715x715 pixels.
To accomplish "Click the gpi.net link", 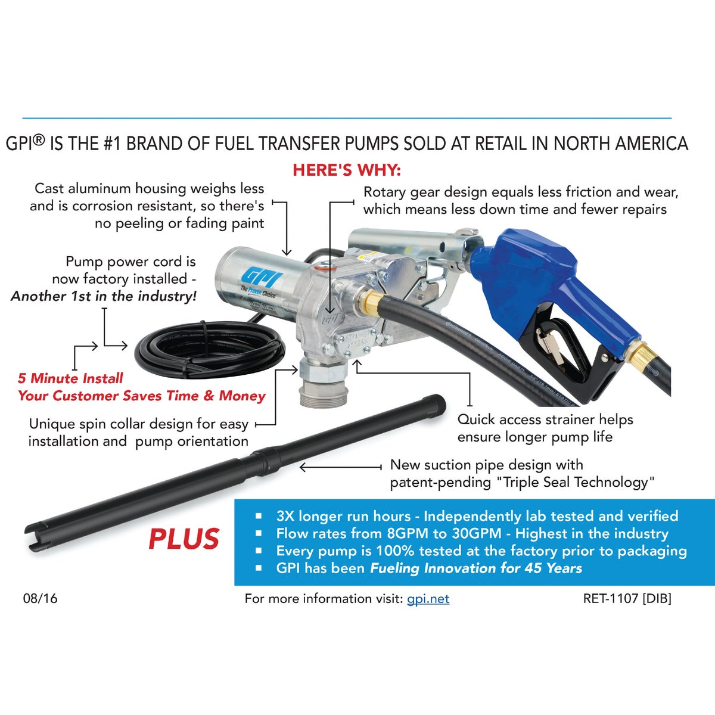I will pos(428,599).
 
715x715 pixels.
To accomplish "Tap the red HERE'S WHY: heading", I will pos(347,170).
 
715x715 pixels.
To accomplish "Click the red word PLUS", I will pos(184,539).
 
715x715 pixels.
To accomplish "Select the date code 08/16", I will pos(41,598).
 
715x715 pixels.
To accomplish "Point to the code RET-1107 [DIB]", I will pos(627,598).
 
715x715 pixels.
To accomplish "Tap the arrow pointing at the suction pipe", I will pos(340,468).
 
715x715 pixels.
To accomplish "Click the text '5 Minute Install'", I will pos(70,378).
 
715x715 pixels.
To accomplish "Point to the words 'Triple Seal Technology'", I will pos(575,483).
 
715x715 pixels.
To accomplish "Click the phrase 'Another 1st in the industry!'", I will pos(104,296).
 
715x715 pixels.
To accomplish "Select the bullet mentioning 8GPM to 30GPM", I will pos(472,533).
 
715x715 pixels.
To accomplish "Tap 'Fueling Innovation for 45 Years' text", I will pos(476,568).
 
